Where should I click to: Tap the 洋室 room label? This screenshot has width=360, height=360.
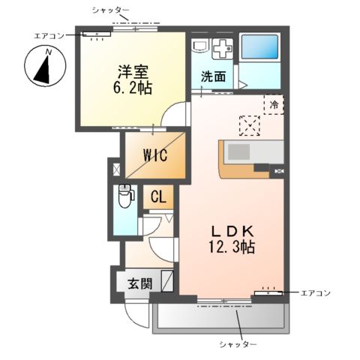coord(133,73)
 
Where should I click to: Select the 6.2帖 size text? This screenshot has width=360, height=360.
coord(133,88)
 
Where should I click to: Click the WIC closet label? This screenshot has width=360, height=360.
coord(155,156)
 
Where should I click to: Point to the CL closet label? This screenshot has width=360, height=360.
coord(158,197)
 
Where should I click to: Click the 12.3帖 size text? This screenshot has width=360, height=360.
coord(232,246)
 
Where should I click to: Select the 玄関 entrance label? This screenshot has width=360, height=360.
coord(139,283)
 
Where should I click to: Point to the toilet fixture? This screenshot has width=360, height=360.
coord(124,196)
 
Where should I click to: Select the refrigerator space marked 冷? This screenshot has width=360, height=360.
coord(274,106)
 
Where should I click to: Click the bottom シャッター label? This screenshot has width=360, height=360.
coord(238,343)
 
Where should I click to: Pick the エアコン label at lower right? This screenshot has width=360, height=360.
coord(313,292)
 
